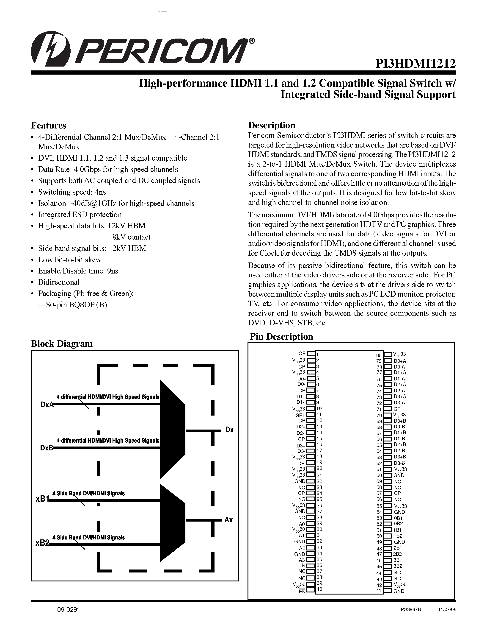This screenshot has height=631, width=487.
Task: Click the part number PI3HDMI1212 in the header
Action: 415,64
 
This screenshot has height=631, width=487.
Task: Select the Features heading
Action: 48,125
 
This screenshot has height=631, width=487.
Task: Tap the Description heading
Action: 272,125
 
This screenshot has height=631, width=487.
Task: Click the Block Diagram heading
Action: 62,343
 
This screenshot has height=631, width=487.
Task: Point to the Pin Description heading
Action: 281,337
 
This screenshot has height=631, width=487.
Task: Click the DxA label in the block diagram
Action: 47,405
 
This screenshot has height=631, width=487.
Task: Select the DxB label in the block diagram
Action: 47,448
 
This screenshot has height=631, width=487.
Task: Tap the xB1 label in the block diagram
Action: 42,499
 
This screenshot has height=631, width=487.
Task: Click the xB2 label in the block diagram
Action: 42,543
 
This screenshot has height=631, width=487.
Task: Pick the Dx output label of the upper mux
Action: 229,430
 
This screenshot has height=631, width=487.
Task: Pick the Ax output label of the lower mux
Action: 228,520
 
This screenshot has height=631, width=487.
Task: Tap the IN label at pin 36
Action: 303,565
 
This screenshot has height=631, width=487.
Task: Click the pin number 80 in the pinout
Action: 379,355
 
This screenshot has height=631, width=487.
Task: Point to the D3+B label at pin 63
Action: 400,457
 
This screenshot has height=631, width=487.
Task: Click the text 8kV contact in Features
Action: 131,237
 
